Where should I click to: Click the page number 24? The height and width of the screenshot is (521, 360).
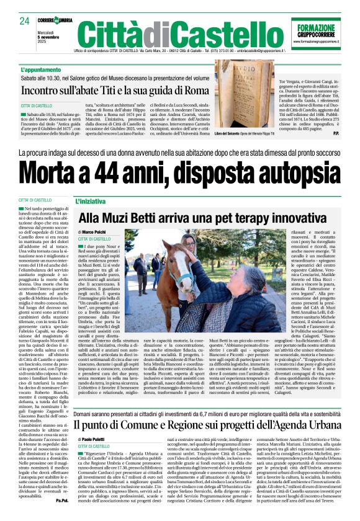point(24,20)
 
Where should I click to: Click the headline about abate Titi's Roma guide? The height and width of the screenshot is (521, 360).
point(114,91)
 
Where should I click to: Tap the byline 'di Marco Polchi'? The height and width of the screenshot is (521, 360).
point(92,232)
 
